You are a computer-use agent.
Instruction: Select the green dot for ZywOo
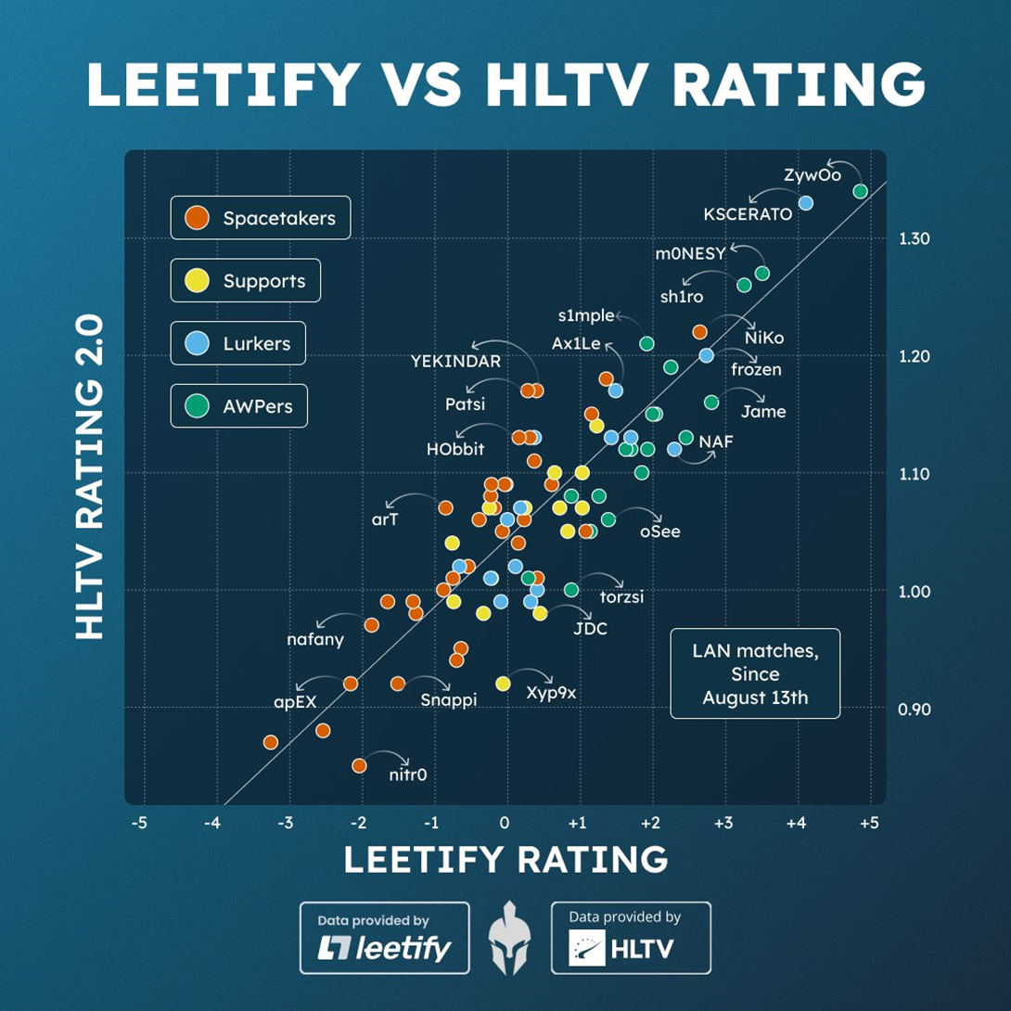coord(860,191)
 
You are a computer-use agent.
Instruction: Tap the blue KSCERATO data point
coord(805,202)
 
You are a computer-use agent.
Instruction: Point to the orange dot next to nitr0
coord(359,765)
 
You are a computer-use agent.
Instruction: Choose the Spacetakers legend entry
coord(261,218)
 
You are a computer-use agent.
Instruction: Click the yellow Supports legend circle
coord(196,280)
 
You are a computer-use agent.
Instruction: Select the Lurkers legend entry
coord(238,343)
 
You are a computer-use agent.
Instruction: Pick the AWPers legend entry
coord(238,405)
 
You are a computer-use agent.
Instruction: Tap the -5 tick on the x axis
coord(139,823)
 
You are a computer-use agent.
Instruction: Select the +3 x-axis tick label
coord(723,823)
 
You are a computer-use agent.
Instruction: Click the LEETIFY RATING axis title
coord(505,860)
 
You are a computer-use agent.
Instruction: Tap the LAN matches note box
coord(755,674)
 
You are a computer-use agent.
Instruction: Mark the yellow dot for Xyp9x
coord(504,683)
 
